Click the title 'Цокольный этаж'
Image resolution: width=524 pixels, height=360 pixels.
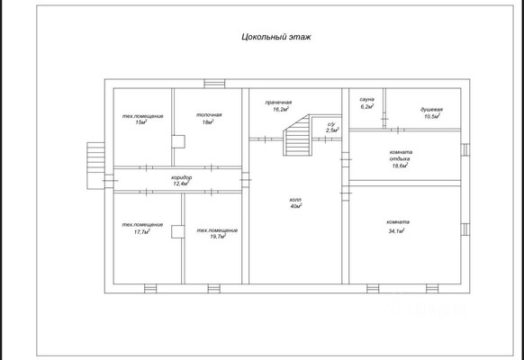tap(276, 37)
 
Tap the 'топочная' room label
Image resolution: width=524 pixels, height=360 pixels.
tap(209, 115)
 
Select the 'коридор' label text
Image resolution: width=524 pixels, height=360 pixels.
tap(182, 177)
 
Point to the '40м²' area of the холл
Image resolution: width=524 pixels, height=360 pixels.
tap(296, 206)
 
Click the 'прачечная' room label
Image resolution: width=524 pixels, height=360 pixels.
tap(278, 103)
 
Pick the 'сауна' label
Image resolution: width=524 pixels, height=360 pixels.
tap(367, 100)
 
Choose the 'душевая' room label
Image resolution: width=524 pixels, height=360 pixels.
tap(431, 110)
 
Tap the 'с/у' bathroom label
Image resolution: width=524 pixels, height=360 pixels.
tap(331, 124)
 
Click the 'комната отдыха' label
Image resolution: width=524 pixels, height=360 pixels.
tap(401, 156)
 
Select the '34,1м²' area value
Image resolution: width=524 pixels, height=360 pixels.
tap(396, 230)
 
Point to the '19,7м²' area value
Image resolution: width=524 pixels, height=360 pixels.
tap(218, 237)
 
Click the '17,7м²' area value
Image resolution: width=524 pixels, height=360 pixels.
tap(141, 231)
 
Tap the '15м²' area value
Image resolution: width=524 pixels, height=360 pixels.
tap(141, 122)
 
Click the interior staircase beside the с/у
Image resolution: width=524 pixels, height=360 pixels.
tap(297, 135)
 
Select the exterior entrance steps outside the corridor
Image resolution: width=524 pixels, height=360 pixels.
tap(95, 166)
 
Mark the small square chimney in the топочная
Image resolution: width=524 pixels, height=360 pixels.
tap(178, 141)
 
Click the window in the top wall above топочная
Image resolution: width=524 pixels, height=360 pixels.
tap(214, 84)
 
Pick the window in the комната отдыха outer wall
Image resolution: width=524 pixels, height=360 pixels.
tap(465, 149)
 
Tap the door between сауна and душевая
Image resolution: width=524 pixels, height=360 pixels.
tap(384, 119)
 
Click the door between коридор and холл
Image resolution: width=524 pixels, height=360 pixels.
tap(245, 180)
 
